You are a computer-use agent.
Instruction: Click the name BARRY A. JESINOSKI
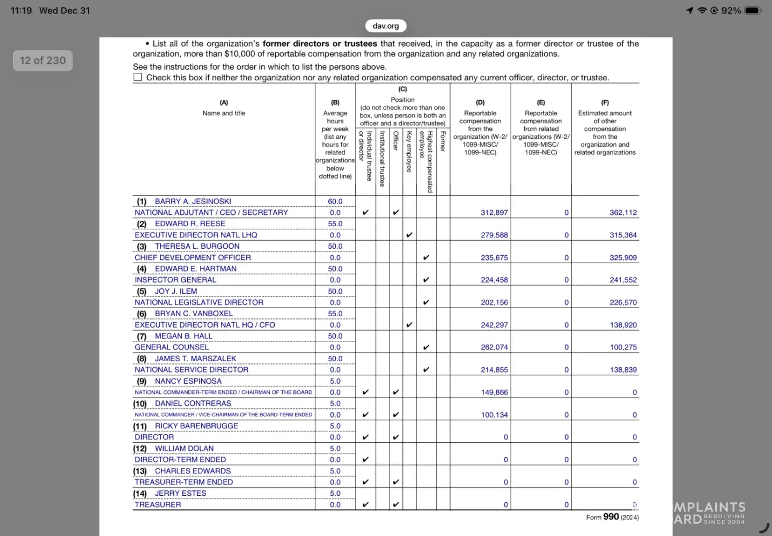pos(193,202)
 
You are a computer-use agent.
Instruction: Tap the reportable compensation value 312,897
pos(494,213)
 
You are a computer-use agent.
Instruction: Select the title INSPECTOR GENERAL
pos(175,280)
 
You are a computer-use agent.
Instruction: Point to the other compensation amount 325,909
pos(623,258)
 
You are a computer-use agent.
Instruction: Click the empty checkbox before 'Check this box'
pos(138,77)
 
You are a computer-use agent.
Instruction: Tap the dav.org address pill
pos(386,26)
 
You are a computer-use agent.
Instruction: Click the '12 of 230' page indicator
pos(42,61)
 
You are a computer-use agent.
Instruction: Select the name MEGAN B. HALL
pos(183,336)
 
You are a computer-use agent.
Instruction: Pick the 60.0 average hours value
pos(335,202)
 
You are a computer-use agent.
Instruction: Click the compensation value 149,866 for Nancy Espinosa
pos(494,392)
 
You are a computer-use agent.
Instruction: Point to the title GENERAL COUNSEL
pos(172,347)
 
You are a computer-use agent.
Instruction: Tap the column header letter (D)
pos(480,102)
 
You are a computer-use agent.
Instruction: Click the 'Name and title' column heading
pos(224,113)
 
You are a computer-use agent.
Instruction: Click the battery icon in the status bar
pos(753,10)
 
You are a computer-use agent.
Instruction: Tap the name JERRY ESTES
pos(180,493)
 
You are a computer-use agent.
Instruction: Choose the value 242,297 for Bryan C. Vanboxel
pos(494,325)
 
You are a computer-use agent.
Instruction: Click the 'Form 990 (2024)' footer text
pos(612,517)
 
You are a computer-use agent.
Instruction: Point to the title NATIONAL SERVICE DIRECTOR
pos(192,370)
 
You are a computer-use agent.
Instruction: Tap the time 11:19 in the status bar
pos(21,10)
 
